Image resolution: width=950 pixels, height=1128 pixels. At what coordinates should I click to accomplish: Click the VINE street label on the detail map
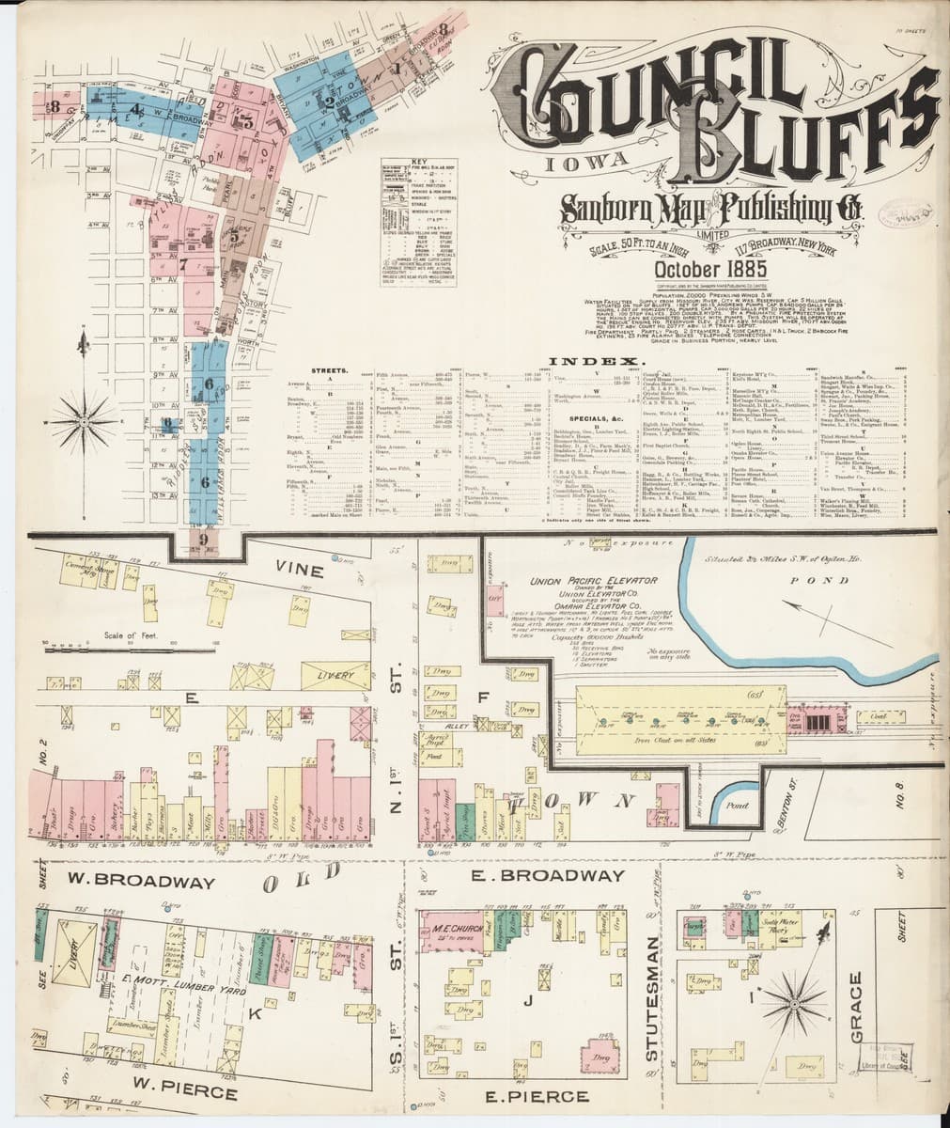(x=299, y=571)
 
